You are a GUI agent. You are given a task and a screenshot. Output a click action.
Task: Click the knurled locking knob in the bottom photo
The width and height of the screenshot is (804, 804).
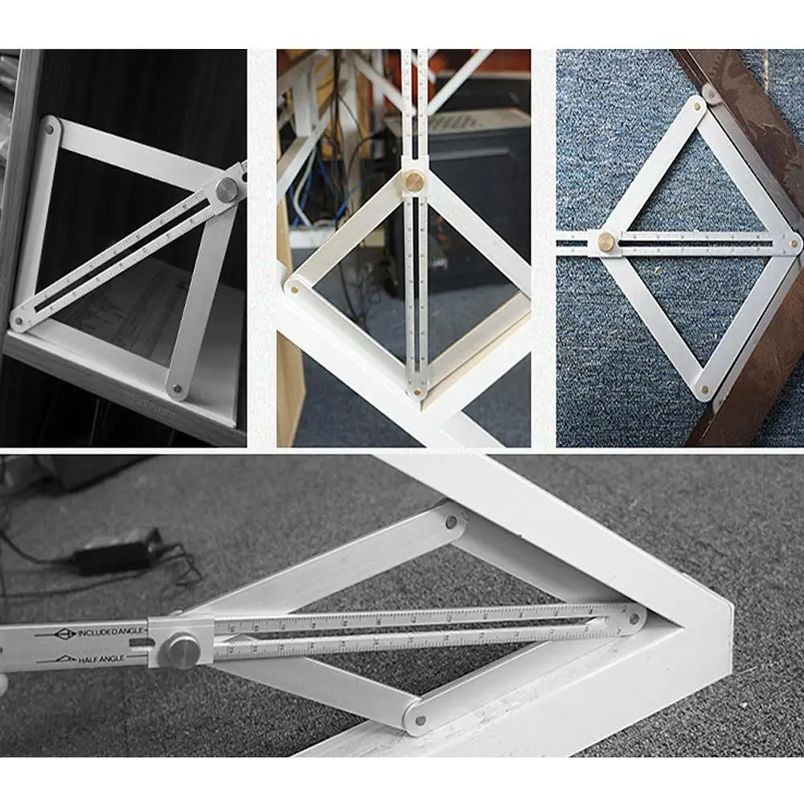point(184,650)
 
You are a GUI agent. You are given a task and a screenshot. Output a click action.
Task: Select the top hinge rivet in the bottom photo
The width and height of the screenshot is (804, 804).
point(450,522)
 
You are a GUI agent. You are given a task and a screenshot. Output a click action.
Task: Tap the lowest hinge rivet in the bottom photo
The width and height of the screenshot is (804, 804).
point(419,718)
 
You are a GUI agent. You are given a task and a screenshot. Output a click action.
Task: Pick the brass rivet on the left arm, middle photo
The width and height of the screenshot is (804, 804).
point(294,285)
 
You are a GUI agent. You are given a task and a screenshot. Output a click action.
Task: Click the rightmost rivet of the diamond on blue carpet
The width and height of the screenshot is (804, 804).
point(793,242)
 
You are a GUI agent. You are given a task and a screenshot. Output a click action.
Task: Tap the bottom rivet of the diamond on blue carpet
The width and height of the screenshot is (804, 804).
point(705,390)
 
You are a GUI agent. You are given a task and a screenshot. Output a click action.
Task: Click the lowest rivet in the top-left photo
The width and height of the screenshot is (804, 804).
point(178,390)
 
